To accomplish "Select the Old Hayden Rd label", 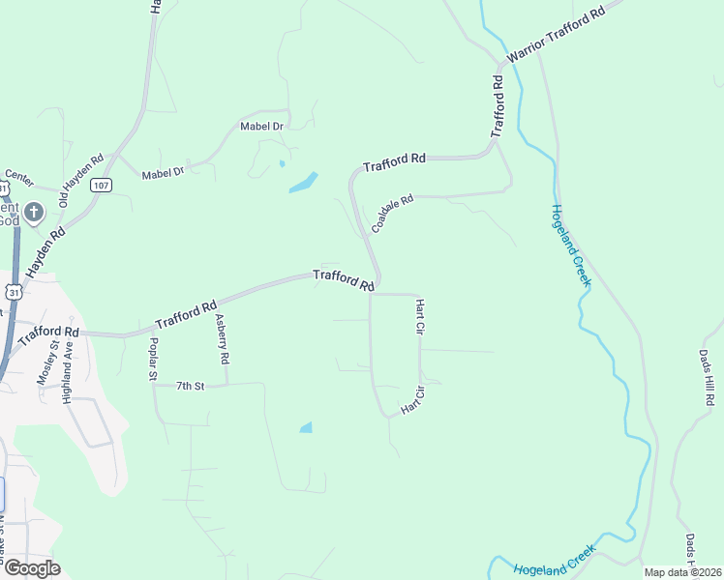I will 80,182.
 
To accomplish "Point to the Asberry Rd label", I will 223,339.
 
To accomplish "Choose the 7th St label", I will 191,386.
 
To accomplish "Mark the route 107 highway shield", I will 101,185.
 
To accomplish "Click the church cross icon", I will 33,212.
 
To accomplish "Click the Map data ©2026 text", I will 681,572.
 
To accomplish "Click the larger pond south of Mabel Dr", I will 303,182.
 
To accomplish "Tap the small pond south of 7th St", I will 307,427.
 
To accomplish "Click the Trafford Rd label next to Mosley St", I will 46,334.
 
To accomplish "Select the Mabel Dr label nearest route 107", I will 163,174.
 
